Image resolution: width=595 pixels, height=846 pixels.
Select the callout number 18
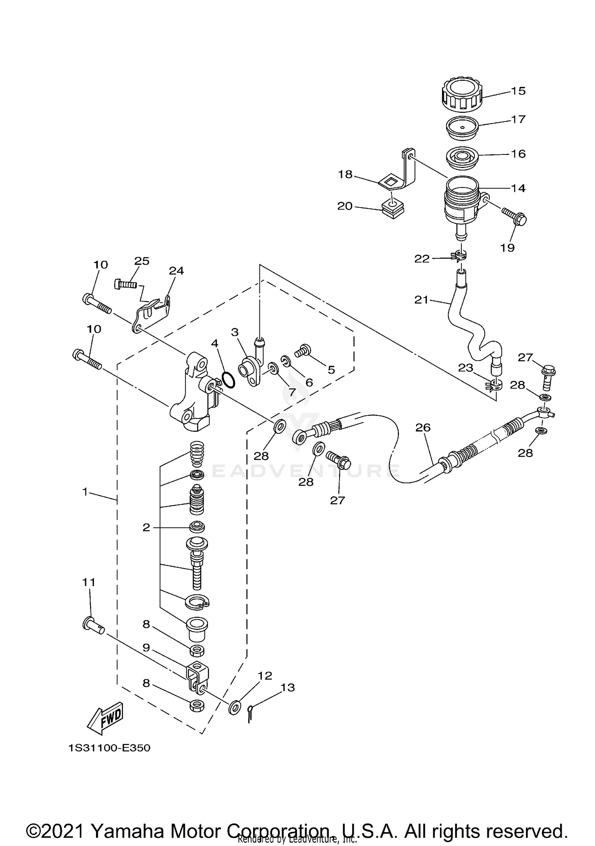pos(345,174)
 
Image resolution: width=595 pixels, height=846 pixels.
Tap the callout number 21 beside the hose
pos(422,300)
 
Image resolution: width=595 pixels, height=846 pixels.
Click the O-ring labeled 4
pos(228,380)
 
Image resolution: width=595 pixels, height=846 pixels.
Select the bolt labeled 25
pos(125,284)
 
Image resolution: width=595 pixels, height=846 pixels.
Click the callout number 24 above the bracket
pos(176,271)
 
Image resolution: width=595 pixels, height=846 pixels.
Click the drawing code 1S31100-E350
pos(109,748)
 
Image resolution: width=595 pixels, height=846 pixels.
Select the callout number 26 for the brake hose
pos(423,428)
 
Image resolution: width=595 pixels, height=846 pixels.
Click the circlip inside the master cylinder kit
pos(197,603)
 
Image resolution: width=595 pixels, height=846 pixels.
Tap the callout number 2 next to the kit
pos(146,527)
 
